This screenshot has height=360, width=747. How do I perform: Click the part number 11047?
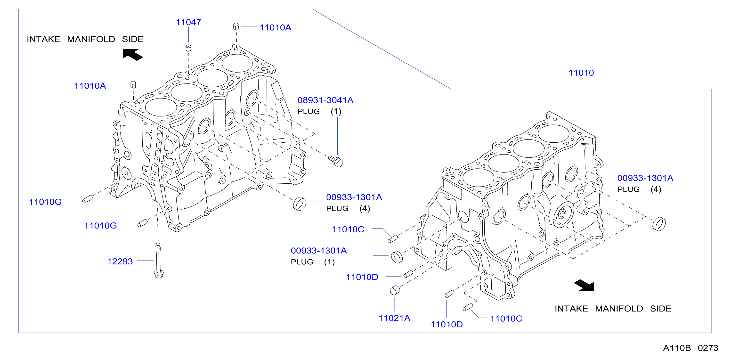click(x=188, y=22)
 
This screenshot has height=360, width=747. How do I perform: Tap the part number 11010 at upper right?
click(x=581, y=73)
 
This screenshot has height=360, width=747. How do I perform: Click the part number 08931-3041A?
click(x=325, y=100)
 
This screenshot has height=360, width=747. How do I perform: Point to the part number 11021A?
click(x=394, y=318)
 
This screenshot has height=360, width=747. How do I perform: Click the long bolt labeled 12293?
click(x=158, y=261)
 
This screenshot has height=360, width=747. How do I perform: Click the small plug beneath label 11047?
click(x=188, y=48)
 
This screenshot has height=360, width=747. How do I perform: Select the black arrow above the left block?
click(x=133, y=55)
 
